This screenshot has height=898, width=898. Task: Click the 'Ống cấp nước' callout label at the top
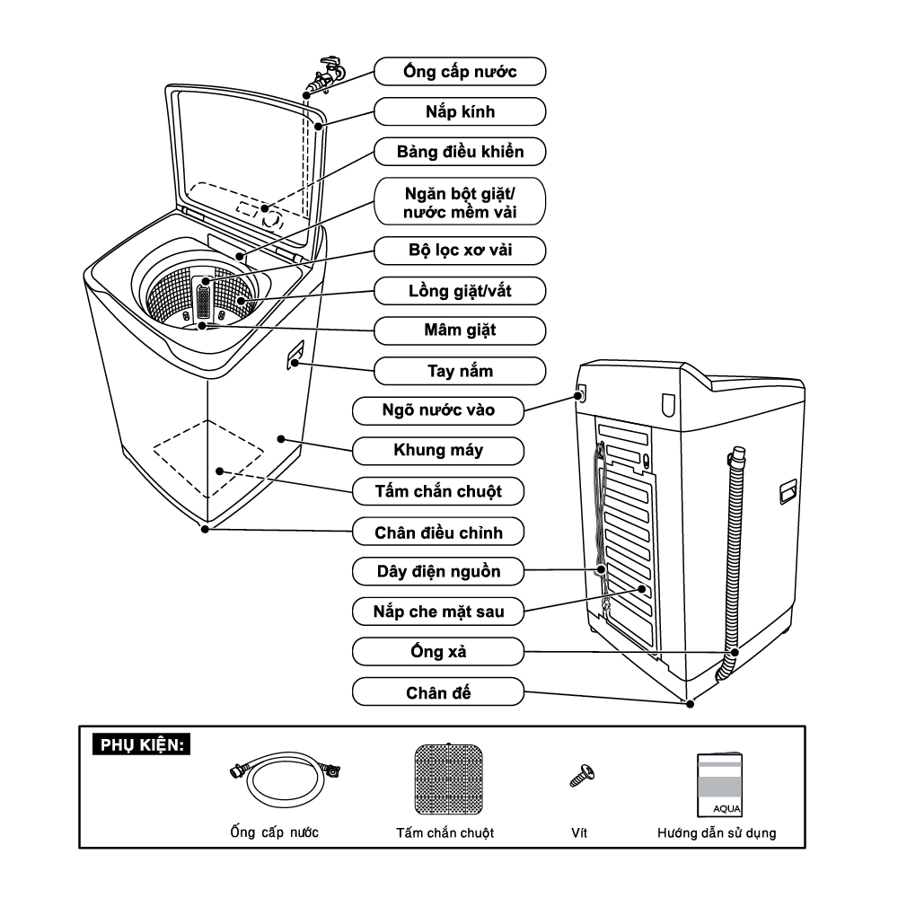click(x=460, y=71)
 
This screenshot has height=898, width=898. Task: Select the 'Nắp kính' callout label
click(x=460, y=111)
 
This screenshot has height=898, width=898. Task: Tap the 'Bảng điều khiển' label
click(x=460, y=152)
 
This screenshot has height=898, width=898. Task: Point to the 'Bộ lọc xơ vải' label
click(x=460, y=249)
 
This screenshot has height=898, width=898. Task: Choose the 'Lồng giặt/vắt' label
click(x=460, y=290)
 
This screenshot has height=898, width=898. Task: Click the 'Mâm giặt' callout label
click(x=460, y=330)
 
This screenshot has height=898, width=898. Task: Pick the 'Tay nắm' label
click(x=460, y=371)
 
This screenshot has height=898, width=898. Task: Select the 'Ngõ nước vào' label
click(x=437, y=411)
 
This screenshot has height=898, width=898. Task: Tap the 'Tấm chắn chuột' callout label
click(x=437, y=492)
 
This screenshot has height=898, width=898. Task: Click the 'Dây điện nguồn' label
click(x=437, y=571)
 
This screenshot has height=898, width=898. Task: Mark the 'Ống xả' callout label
click(x=437, y=651)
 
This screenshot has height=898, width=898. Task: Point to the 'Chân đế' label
click(x=437, y=692)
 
